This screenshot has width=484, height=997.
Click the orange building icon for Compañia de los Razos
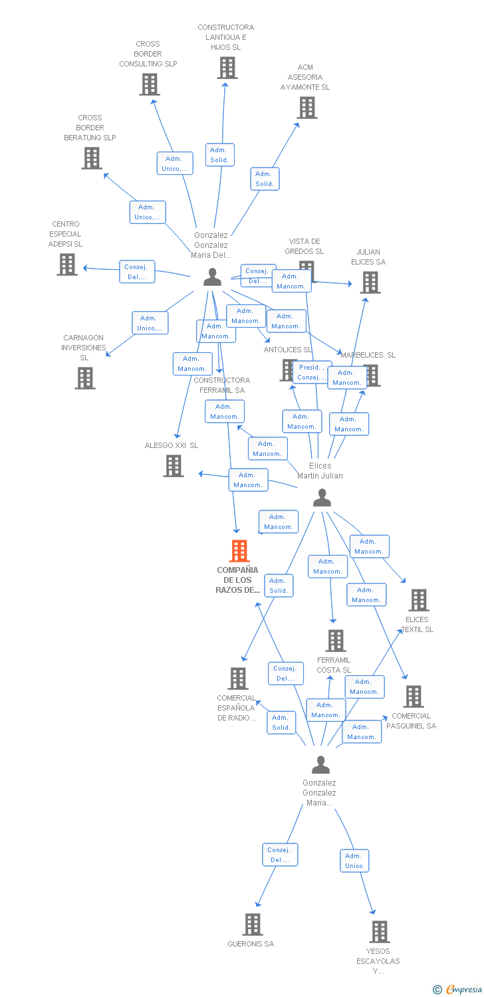(239, 551)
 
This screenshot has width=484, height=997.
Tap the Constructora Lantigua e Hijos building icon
(227, 68)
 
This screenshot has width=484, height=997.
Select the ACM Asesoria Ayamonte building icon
(307, 108)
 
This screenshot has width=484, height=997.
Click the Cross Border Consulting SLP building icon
(150, 84)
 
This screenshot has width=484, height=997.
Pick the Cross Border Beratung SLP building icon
(92, 158)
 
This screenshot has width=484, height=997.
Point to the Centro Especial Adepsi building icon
(67, 265)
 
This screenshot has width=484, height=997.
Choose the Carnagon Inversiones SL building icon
(85, 378)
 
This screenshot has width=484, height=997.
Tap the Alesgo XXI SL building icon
(174, 466)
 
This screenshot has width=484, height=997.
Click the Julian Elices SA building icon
(370, 282)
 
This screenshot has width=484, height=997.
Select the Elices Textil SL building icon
(419, 600)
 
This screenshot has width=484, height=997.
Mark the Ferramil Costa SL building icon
(336, 641)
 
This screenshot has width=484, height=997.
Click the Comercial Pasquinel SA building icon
(414, 697)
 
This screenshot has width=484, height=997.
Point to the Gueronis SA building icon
(253, 925)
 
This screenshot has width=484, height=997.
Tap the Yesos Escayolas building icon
(380, 932)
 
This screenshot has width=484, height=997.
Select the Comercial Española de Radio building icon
(238, 679)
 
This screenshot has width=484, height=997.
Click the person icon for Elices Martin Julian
(322, 497)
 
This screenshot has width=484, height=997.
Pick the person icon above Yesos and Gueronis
(320, 765)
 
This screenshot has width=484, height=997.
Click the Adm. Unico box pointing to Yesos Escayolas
(354, 861)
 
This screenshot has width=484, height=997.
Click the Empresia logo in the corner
(459, 990)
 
